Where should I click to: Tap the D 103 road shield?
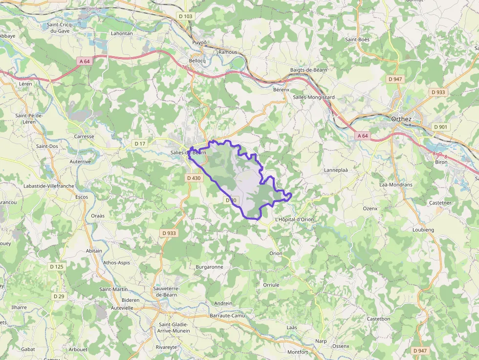tap(186, 16)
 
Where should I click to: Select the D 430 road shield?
tap(194, 178)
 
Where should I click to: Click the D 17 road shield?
tap(140, 144)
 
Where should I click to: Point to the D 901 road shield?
tap(440, 127)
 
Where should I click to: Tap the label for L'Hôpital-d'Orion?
tap(294, 219)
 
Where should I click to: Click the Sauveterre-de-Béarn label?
tap(167, 292)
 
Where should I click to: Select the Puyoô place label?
tap(199, 42)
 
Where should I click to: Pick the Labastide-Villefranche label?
tap(48, 186)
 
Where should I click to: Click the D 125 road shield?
tap(57, 267)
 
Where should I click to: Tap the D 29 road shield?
tap(59, 296)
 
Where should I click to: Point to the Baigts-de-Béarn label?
tap(308, 70)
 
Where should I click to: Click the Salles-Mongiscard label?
tap(314, 97)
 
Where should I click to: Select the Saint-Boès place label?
tap(357, 40)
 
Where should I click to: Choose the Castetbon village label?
tap(378, 318)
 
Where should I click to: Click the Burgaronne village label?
tap(209, 267)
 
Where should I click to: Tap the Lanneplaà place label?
tap(336, 170)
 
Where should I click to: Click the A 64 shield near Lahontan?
tap(84, 62)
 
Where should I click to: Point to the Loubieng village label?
tap(423, 229)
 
